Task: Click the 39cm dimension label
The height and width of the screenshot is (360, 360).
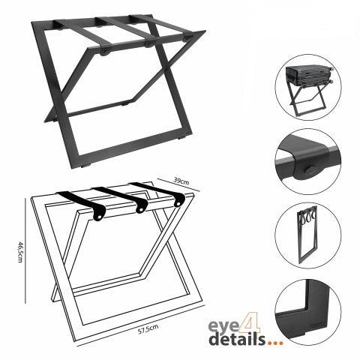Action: tap(181, 181)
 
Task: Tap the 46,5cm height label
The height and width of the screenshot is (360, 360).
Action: tap(20, 252)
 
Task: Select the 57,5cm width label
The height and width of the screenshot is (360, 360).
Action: tap(148, 329)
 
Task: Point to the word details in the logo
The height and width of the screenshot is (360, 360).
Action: tap(237, 339)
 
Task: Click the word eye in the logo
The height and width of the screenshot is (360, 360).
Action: tap(223, 326)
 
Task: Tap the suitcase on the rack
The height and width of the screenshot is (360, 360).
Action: tap(310, 75)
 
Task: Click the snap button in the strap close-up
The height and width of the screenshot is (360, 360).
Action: tap(309, 170)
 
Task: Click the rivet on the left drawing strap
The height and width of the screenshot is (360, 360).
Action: tap(100, 217)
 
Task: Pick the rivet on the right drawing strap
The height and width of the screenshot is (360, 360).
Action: tap(178, 203)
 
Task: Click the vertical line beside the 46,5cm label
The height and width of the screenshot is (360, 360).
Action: tap(25, 250)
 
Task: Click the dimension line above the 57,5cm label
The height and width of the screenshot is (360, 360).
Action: tap(140, 325)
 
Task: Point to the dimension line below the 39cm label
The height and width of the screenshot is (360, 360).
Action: tap(178, 185)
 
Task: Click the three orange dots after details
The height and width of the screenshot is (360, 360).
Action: tap(275, 343)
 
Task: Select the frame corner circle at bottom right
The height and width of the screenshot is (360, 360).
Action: tap(308, 313)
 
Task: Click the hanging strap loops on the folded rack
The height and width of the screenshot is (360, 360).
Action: tap(307, 216)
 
